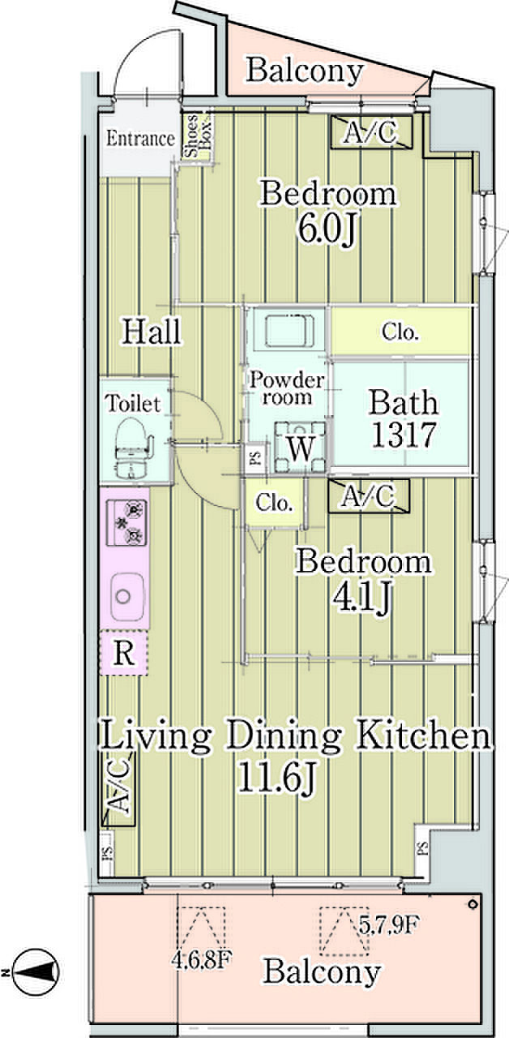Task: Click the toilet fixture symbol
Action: click(x=132, y=448)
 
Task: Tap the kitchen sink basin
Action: click(x=125, y=595)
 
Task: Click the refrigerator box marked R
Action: click(x=124, y=653)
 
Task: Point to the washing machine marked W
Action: click(x=301, y=448)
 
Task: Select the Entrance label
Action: click(x=140, y=138)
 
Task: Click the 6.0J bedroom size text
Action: click(x=327, y=229)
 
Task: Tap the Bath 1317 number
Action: click(x=404, y=435)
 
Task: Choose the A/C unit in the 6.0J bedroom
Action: click(x=371, y=132)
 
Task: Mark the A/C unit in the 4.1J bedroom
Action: click(x=369, y=495)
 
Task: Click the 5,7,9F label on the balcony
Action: click(x=389, y=925)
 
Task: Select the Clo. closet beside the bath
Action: click(x=400, y=332)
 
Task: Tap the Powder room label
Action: click(x=287, y=388)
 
